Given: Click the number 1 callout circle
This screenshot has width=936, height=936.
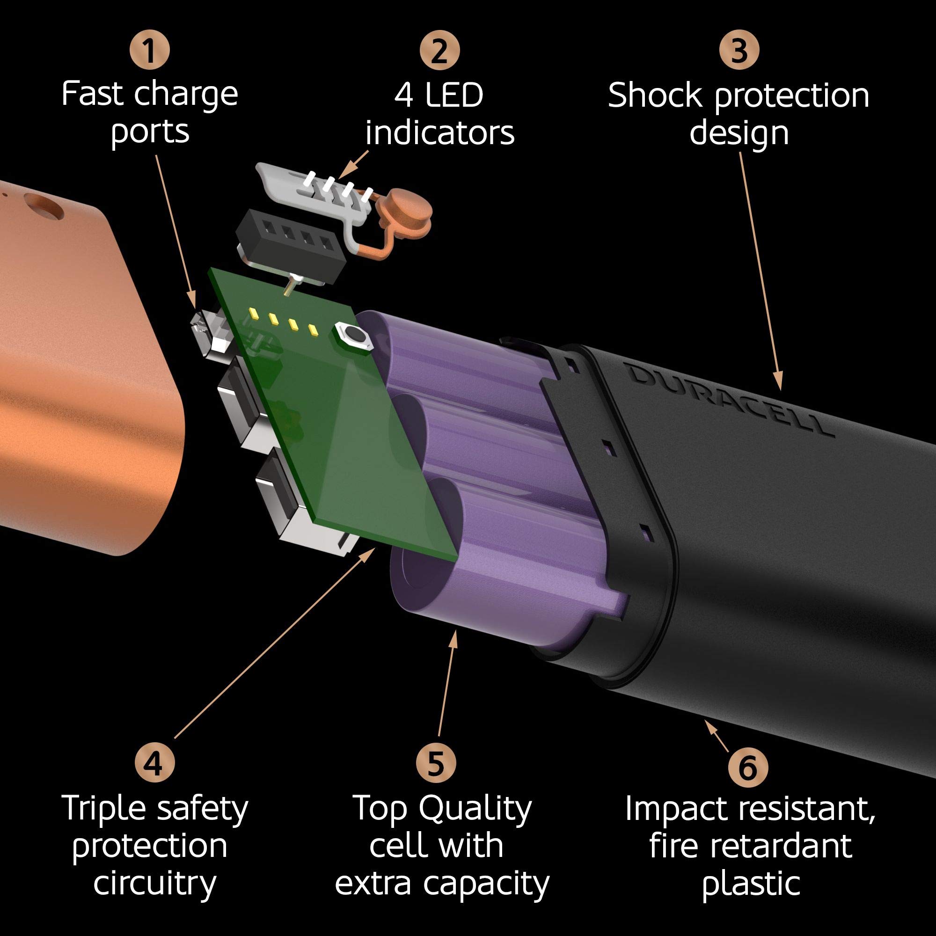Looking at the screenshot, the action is [150, 50].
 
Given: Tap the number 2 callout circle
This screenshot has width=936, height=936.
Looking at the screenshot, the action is [439, 50].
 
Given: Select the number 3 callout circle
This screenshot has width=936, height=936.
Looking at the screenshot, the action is [739, 50].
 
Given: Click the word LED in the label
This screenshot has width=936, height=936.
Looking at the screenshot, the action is [453, 95].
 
